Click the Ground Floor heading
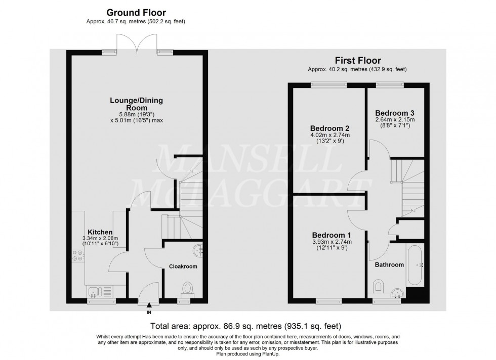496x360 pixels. click(x=136, y=13)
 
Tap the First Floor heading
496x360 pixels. click(x=358, y=60)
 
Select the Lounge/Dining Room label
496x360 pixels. click(x=136, y=104)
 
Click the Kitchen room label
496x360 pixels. click(x=100, y=232)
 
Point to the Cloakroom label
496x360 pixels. click(x=183, y=266)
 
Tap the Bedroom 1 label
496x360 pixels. click(x=331, y=235)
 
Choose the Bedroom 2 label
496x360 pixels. click(x=329, y=128)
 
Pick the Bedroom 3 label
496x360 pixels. click(x=395, y=113)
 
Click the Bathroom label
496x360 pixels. click(x=389, y=265)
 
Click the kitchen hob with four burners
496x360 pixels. click(x=78, y=256)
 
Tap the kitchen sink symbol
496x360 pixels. click(x=99, y=291)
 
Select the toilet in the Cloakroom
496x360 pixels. click(x=188, y=289)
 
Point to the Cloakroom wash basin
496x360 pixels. click(x=198, y=250)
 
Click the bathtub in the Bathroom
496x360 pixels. click(x=416, y=265)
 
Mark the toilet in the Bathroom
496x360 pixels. click(x=378, y=286)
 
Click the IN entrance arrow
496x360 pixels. click(x=149, y=304)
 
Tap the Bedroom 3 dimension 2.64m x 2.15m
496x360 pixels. click(x=395, y=120)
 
